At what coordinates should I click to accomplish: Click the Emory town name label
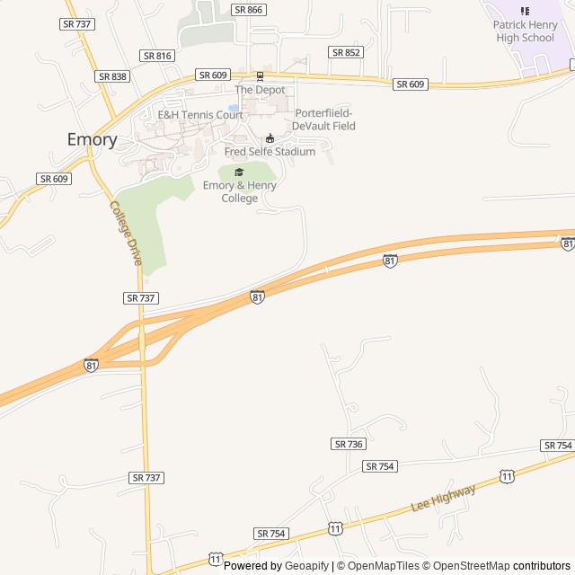point(93,139)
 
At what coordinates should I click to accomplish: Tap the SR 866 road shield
point(248,10)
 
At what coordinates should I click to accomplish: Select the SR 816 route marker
point(157,56)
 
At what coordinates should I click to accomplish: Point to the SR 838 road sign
point(112,76)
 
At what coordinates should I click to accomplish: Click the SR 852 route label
point(346,52)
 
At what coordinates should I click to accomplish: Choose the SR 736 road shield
point(348,444)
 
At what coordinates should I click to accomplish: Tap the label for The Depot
point(260,90)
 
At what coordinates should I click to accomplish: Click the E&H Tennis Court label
point(200,115)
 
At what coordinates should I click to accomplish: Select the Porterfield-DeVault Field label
point(324,119)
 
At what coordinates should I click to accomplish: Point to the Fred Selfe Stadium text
point(270,152)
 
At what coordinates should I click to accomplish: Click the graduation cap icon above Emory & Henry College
point(239,172)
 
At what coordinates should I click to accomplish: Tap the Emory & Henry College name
point(240,191)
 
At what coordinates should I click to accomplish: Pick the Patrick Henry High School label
point(525,31)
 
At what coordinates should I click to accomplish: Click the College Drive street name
point(126,233)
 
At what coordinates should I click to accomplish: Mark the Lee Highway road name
point(443,497)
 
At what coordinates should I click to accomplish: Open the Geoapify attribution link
point(307,566)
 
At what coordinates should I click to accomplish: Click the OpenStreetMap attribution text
point(466,566)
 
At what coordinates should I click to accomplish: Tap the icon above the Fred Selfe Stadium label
point(270,138)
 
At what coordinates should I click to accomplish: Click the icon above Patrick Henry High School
point(525,11)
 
